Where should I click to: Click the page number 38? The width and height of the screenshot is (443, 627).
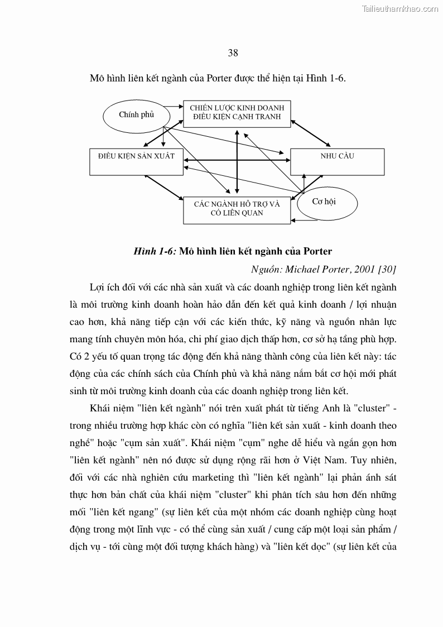point(233,53)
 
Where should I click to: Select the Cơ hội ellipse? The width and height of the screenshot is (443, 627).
point(325,202)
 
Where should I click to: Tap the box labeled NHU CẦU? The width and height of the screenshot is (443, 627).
point(337,161)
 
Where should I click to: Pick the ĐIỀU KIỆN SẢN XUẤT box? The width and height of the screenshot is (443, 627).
point(136,161)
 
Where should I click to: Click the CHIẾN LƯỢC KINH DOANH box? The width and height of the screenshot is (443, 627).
point(237,114)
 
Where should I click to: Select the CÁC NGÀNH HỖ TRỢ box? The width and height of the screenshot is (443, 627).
point(237,209)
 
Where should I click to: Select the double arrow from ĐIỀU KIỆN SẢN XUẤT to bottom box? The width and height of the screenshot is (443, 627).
point(164,187)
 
